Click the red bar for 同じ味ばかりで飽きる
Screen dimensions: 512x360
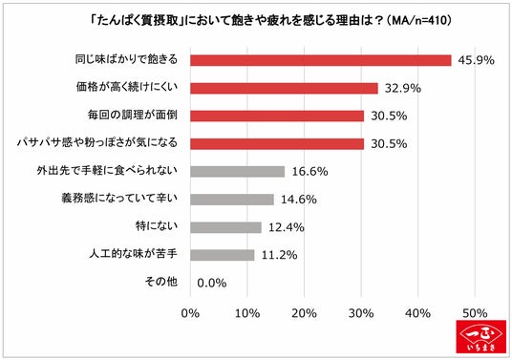tap(321, 60)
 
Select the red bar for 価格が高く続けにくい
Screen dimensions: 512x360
tap(284, 88)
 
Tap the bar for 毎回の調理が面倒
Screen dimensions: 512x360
tap(277, 116)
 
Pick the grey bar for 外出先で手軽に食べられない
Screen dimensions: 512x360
tap(238, 171)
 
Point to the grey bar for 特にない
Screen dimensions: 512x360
tap(225, 227)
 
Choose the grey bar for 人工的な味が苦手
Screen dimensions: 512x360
tap(222, 255)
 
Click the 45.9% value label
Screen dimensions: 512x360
tap(476, 60)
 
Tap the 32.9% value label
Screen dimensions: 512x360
tap(402, 88)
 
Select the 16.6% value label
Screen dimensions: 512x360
tap(309, 171)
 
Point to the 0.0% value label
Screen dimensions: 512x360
tap(212, 283)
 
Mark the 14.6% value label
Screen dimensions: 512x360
tap(299, 199)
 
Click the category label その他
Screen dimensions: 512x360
tap(161, 282)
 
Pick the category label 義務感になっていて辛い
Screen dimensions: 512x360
tap(119, 198)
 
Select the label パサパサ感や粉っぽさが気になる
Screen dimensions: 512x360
tap(97, 142)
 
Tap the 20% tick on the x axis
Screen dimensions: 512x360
tap(304, 313)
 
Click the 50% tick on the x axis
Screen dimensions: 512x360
tap(475, 313)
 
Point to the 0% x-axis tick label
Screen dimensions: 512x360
tap(190, 313)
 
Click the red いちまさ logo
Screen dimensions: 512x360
tap(481, 336)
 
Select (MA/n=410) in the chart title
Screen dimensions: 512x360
tap(419, 21)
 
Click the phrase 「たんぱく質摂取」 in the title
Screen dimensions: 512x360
tap(137, 21)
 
